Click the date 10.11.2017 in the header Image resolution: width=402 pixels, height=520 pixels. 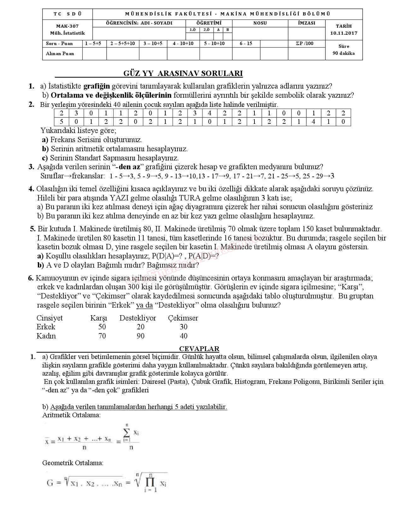coord(344,33)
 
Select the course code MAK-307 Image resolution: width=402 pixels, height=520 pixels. coord(67,26)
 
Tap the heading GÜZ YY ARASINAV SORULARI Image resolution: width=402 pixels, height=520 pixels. coord(183,73)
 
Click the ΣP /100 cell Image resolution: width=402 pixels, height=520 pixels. coord(305,43)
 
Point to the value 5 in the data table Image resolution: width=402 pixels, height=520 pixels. coord(61,122)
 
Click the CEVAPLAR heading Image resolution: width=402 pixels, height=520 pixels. coord(199,349)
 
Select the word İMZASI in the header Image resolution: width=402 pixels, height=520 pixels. coord(306,23)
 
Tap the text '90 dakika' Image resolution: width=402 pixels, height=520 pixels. coord(344,53)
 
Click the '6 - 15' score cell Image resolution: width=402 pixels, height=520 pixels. coord(246,43)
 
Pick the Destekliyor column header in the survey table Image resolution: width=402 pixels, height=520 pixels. coord(137,318)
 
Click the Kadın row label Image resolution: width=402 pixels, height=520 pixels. coord(46,336)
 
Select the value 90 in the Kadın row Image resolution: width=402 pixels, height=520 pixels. coord(141,336)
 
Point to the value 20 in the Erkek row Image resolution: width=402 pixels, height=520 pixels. coord(141,327)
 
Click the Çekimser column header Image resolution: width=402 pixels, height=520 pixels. coord(183,318)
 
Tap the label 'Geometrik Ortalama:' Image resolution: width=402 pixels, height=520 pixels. coord(73,463)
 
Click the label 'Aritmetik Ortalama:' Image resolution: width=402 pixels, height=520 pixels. coord(71,415)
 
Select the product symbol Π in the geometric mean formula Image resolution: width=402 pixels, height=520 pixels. coord(150,482)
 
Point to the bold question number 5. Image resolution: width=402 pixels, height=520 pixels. coord(33,229)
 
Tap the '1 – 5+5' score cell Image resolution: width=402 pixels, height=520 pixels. coord(93,43)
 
